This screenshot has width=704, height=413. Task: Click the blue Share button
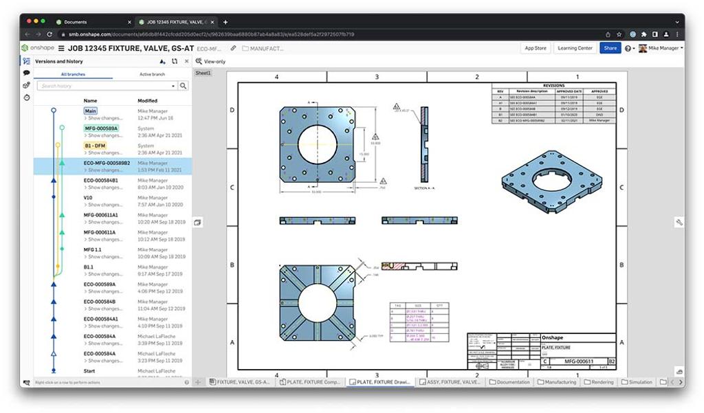click(610, 48)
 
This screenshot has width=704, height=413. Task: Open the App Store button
click(536, 48)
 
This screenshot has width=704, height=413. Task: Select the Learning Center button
click(575, 48)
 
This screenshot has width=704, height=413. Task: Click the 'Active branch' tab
click(152, 74)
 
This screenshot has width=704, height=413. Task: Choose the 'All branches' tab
click(74, 74)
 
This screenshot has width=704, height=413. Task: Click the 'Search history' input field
click(107, 86)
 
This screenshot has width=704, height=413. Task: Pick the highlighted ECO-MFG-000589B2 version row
click(112, 166)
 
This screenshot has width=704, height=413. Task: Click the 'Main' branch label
click(91, 111)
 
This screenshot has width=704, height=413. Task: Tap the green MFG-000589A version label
click(101, 129)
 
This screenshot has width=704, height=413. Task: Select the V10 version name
click(88, 198)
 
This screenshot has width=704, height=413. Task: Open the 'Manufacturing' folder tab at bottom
click(557, 382)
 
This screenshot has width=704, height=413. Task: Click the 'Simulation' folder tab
click(637, 382)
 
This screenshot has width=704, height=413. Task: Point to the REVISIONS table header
click(553, 86)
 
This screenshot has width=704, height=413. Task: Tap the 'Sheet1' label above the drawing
click(203, 73)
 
